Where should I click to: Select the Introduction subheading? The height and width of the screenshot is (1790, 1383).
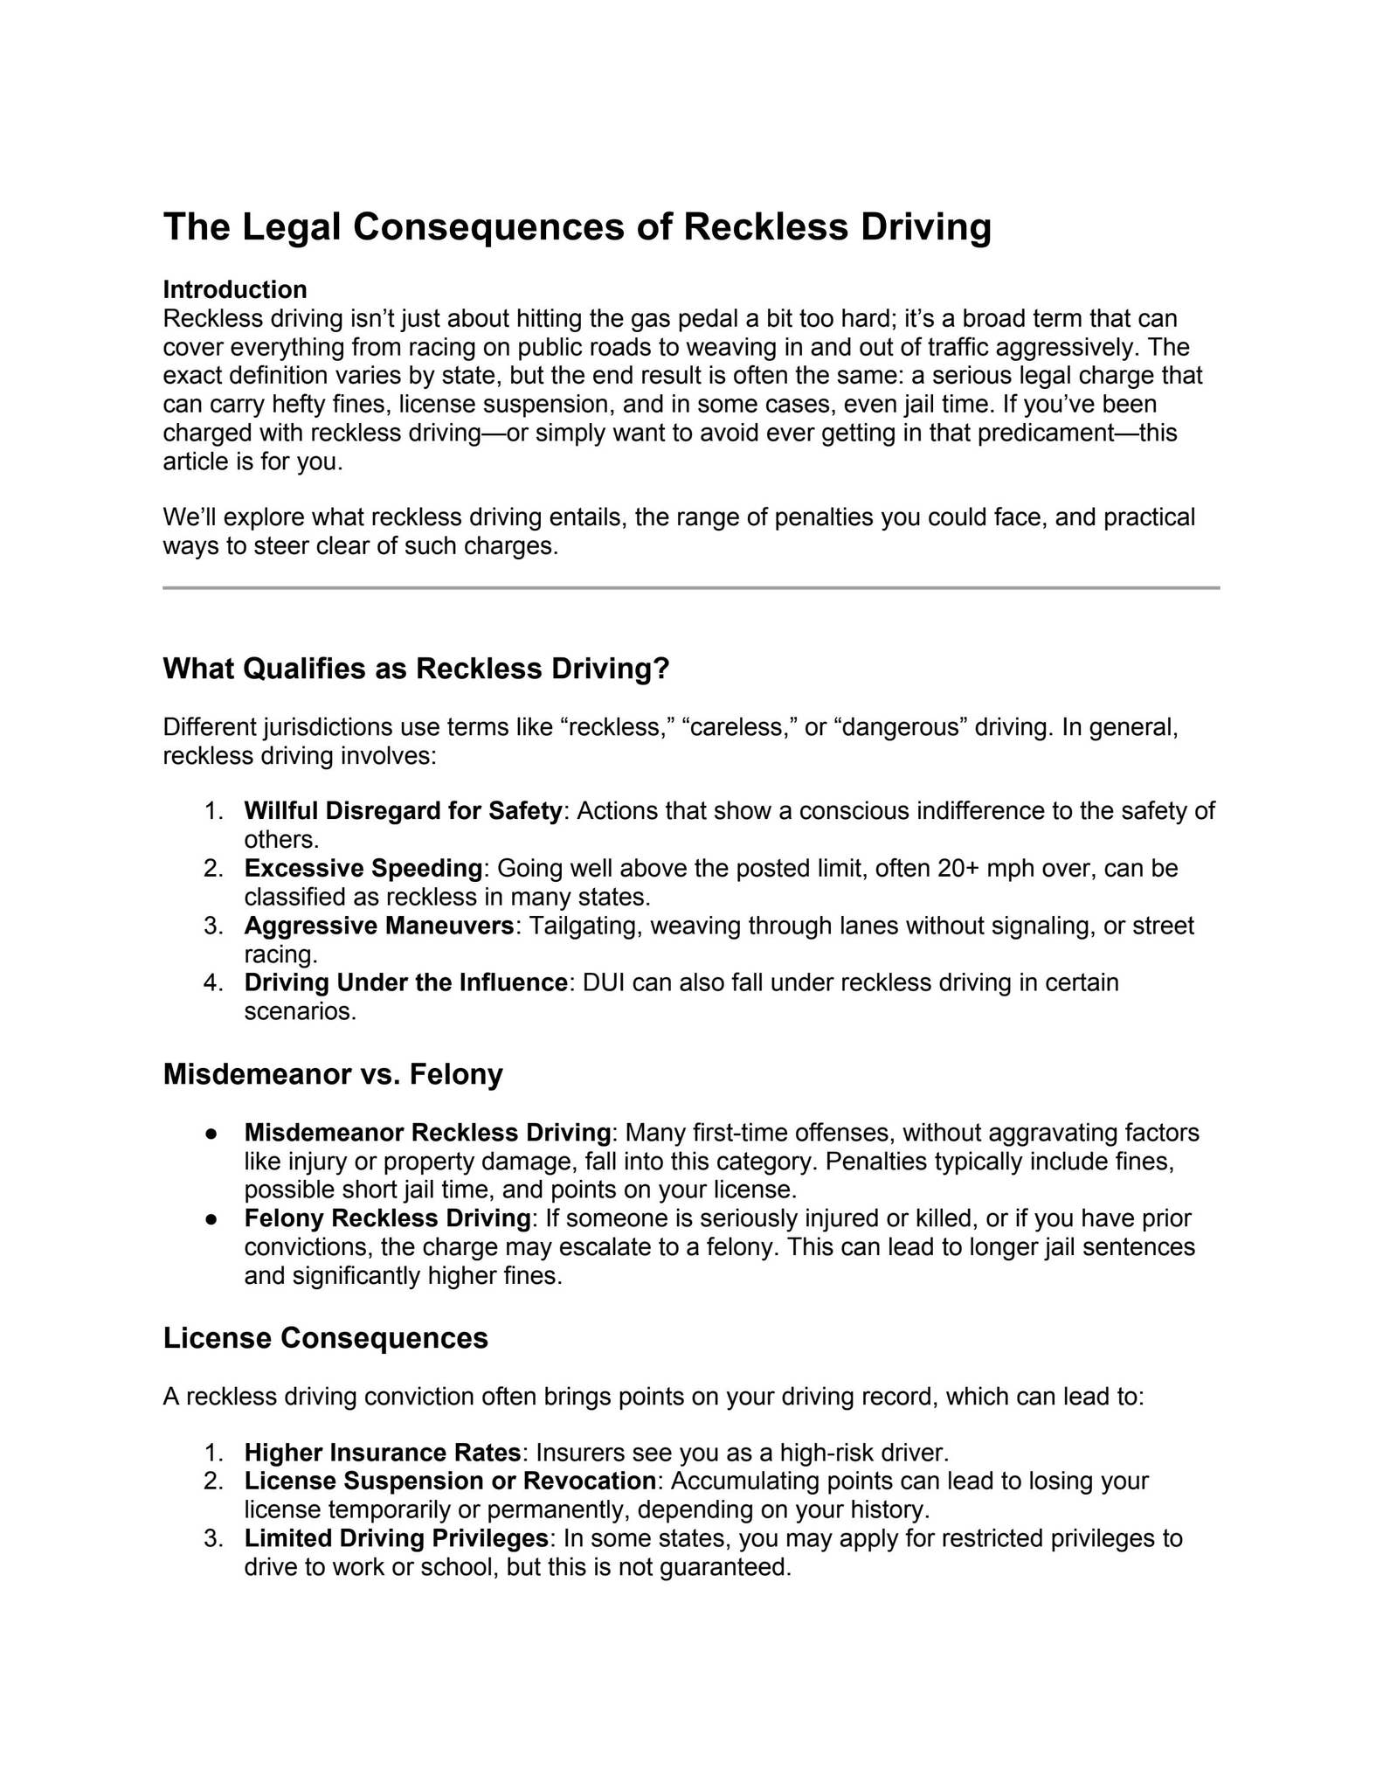(x=234, y=289)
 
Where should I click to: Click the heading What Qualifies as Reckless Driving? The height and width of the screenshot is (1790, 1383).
(x=416, y=669)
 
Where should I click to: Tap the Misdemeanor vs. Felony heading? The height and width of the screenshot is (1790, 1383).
(x=333, y=1074)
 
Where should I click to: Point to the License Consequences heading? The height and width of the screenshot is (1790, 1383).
(x=325, y=1338)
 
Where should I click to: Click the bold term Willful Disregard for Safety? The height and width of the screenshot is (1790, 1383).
(x=402, y=811)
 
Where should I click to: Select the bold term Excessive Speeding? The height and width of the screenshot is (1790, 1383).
(x=363, y=869)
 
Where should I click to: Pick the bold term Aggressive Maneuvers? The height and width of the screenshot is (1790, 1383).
(x=379, y=926)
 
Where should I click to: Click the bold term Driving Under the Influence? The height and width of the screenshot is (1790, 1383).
(x=405, y=983)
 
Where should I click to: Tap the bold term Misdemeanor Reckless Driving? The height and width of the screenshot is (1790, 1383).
(x=427, y=1133)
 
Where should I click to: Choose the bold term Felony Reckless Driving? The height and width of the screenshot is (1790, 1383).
(x=387, y=1218)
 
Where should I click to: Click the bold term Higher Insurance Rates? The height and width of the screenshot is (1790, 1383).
(x=382, y=1453)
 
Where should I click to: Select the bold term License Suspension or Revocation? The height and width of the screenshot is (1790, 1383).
(x=449, y=1481)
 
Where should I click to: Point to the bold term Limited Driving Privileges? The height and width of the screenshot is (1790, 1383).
(x=396, y=1538)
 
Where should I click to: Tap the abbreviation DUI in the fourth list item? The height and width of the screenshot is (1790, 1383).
(x=604, y=983)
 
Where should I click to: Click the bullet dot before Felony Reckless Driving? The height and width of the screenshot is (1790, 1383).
(x=211, y=1219)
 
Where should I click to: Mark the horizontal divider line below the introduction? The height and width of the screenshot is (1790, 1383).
(x=691, y=588)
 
